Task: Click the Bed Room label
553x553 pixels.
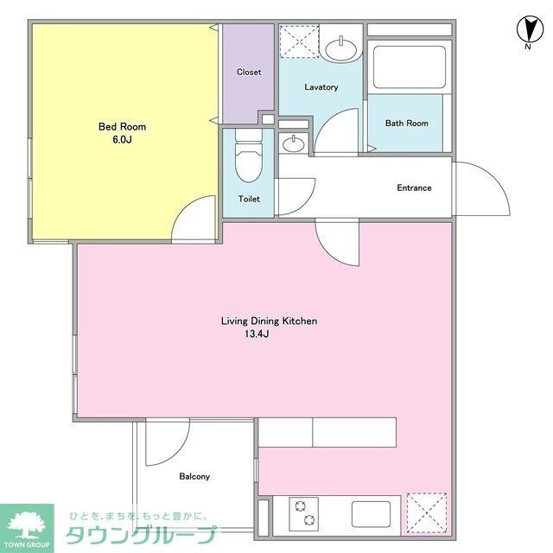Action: (115, 126)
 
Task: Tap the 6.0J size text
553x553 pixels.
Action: (115, 140)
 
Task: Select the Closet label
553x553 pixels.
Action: (249, 73)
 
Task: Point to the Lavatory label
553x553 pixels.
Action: (321, 87)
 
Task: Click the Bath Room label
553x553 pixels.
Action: (406, 124)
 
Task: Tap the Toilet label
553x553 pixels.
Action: (249, 200)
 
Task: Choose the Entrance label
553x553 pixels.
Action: (414, 188)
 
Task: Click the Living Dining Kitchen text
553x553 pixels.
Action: (270, 321)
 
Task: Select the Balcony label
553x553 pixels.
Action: (194, 476)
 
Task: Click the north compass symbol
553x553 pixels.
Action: (527, 32)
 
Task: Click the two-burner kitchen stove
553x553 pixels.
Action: (303, 513)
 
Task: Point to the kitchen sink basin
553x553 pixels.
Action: (373, 513)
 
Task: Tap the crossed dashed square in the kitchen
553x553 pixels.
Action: (427, 512)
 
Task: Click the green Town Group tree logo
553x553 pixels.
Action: (26, 525)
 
